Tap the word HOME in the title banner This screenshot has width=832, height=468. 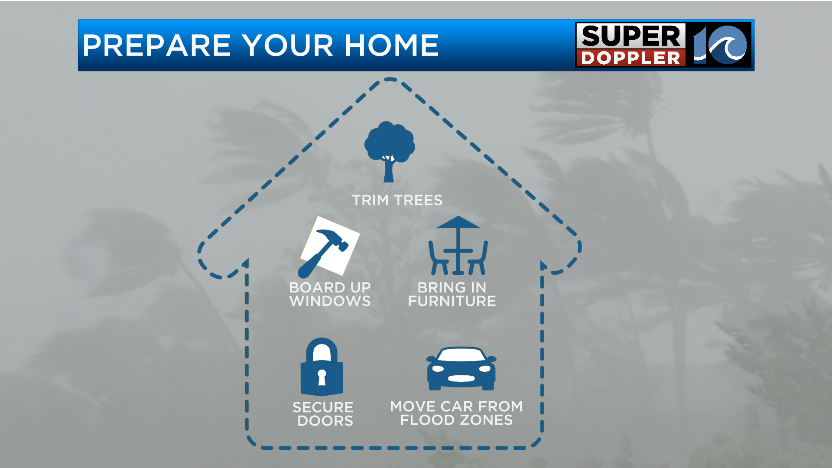pyautogui.click(x=392, y=45)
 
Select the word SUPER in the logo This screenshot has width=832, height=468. pyautogui.click(x=631, y=36)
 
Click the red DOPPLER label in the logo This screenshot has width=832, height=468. pyautogui.click(x=631, y=58)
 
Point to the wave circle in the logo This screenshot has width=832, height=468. pyautogui.click(x=728, y=45)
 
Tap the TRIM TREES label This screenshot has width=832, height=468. pyautogui.click(x=397, y=200)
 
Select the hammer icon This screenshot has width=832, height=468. pyautogui.click(x=322, y=253)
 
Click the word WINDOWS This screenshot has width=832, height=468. pyautogui.click(x=330, y=301)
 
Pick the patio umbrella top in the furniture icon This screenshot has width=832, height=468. pyautogui.click(x=458, y=222)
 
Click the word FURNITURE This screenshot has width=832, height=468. pyautogui.click(x=452, y=301)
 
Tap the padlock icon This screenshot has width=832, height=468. pyautogui.click(x=322, y=367)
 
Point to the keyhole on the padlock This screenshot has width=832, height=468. pyautogui.click(x=322, y=377)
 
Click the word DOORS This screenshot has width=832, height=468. pyautogui.click(x=325, y=421)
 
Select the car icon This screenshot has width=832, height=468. pyautogui.click(x=461, y=368)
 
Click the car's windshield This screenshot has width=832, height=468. pyautogui.click(x=461, y=355)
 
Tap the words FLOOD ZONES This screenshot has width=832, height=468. pyautogui.click(x=456, y=420)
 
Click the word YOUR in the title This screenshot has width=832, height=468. pyautogui.click(x=288, y=45)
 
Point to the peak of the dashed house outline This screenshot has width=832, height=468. pyautogui.click(x=390, y=79)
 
